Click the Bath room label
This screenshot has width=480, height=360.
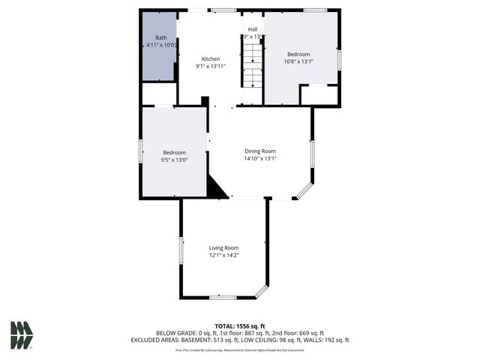tap(161, 37)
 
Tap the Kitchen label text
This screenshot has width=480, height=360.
tap(211, 58)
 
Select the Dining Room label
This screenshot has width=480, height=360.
tap(259, 151)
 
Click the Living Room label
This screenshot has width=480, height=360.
tap(223, 247)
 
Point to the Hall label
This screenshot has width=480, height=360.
tap(253, 29)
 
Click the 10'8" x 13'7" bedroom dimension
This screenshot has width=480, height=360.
tap(299, 61)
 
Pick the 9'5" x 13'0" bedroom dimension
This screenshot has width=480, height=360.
tap(174, 160)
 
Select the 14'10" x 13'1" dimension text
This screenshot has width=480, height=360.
tap(259, 158)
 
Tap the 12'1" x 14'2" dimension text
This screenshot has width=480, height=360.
tap(223, 255)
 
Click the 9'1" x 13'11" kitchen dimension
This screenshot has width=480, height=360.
tap(211, 66)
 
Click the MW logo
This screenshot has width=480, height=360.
tap(22, 334)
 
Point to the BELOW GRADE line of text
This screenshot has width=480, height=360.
tap(240, 333)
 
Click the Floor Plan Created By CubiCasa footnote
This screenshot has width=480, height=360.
tap(239, 349)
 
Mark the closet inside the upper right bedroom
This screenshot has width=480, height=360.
tap(319, 95)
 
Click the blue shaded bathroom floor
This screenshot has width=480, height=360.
tap(158, 64)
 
